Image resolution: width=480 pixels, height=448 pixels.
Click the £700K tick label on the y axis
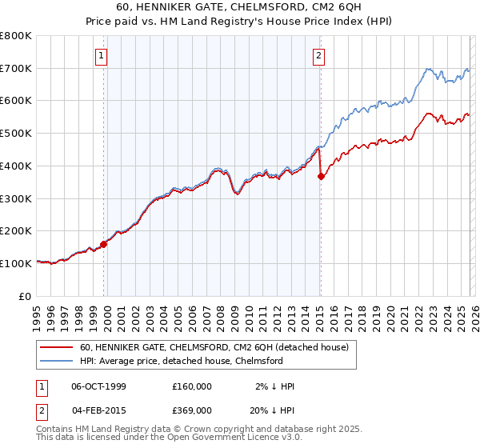tap(16, 68)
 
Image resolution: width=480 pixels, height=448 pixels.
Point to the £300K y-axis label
tap(16, 198)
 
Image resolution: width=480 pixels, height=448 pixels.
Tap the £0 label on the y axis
tap(25, 296)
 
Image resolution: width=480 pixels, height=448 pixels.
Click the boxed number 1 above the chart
tap(103, 55)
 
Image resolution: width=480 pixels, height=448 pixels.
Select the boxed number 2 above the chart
tap(319, 55)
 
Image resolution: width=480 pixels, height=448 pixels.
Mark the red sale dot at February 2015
tap(321, 177)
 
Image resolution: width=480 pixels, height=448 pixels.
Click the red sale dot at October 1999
tap(104, 244)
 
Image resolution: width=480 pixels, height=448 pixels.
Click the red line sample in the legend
tap(57, 348)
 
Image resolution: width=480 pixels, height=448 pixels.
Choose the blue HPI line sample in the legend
tap(57, 361)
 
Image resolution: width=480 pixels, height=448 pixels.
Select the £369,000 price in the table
tap(191, 410)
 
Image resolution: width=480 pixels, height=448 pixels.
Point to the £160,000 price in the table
tap(191, 386)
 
